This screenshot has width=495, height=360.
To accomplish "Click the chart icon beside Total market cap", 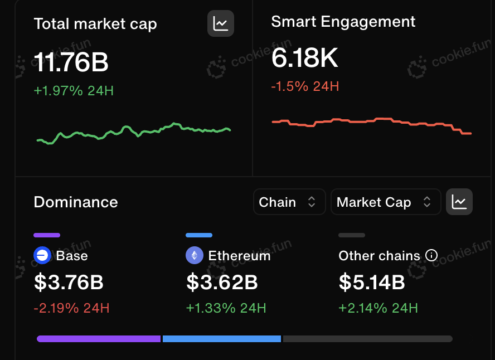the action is click(221, 23).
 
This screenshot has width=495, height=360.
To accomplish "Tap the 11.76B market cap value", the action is click(71, 62).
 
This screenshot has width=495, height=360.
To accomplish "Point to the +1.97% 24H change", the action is click(74, 91).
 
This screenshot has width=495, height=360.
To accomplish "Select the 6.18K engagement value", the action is click(305, 58).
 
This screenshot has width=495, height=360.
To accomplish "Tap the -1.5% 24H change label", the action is click(305, 86).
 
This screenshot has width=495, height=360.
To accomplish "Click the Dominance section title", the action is click(76, 202).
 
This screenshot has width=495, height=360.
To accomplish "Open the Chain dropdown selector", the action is click(289, 202).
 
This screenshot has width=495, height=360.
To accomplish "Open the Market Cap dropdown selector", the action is click(386, 202).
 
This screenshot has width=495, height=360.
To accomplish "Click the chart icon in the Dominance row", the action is click(459, 202).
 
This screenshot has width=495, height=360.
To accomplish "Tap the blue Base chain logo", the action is click(42, 255).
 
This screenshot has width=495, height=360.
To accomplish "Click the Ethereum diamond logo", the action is click(195, 255).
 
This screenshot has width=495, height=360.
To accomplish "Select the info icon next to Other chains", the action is click(431, 255).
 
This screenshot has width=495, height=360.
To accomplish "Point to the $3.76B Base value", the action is click(69, 282).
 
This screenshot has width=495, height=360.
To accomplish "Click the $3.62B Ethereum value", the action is click(222, 282).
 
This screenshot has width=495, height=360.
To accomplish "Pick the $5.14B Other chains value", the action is click(372, 282).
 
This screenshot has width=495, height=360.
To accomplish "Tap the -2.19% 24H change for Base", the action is click(72, 308).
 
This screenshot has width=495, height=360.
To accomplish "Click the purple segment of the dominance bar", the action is click(99, 339).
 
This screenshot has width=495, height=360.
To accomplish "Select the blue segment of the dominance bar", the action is click(222, 339).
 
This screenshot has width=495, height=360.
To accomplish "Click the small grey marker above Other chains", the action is click(352, 235).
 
